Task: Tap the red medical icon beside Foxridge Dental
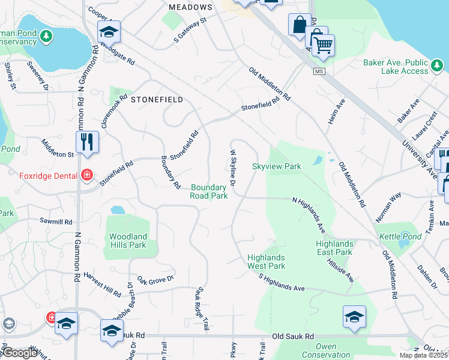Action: click(87, 175)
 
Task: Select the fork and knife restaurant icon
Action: click(87, 141)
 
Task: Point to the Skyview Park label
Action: click(276, 166)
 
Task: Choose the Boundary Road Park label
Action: click(209, 192)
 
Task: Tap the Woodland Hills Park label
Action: click(128, 241)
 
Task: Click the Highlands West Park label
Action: click(267, 262)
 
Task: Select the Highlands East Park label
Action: click(334, 248)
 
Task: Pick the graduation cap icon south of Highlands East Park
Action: click(354, 316)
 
